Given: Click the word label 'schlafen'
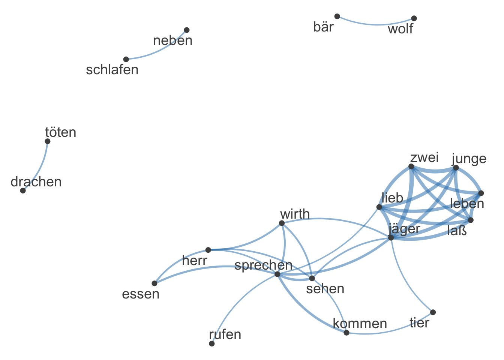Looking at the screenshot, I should (112, 70).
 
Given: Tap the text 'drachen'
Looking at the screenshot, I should (36, 182).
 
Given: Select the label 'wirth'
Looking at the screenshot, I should (295, 214).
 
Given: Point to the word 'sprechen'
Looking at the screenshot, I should (263, 265).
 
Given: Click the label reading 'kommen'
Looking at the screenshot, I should (360, 324).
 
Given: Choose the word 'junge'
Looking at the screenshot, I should (469, 159).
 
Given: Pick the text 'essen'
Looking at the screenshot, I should (141, 294).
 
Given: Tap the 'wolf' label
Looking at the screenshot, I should (400, 29).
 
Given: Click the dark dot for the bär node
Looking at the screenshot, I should (337, 16).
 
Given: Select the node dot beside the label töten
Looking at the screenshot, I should (48, 141).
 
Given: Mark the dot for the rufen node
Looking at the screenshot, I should (212, 343).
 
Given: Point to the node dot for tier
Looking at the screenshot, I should (433, 312).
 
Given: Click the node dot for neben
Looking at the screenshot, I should (187, 30).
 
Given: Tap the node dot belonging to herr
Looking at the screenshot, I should (208, 250).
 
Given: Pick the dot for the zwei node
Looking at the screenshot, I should (411, 166).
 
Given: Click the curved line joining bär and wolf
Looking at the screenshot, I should (375, 25).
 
